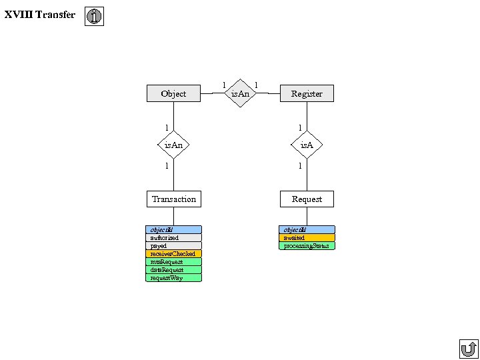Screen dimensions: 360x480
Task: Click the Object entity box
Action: pos(173,94)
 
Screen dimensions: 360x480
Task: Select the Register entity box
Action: pos(307,94)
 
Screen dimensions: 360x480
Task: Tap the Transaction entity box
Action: pos(173,199)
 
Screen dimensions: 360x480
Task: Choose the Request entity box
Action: pos(307,199)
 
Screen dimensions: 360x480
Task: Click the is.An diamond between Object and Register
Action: pos(240,94)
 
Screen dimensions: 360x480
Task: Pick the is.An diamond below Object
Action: pos(173,145)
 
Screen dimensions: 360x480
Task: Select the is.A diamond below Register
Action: pos(307,145)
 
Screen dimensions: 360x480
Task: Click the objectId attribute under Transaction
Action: pos(173,230)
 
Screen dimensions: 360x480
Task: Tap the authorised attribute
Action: pos(173,238)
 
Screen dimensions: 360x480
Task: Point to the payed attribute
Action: pos(173,246)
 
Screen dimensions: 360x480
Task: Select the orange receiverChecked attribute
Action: pos(173,254)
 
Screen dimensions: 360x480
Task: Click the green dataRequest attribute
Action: pos(173,270)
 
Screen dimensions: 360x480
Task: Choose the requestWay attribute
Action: pos(173,278)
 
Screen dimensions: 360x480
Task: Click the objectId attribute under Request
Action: pos(307,230)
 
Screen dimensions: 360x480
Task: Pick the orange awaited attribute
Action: pos(307,238)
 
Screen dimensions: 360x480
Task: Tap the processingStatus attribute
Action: pos(307,246)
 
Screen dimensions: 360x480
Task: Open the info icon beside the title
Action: pos(95,17)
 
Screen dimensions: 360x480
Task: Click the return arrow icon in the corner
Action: pos(469,349)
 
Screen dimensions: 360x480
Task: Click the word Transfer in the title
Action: pos(55,15)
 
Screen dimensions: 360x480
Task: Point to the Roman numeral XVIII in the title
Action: pos(17,15)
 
